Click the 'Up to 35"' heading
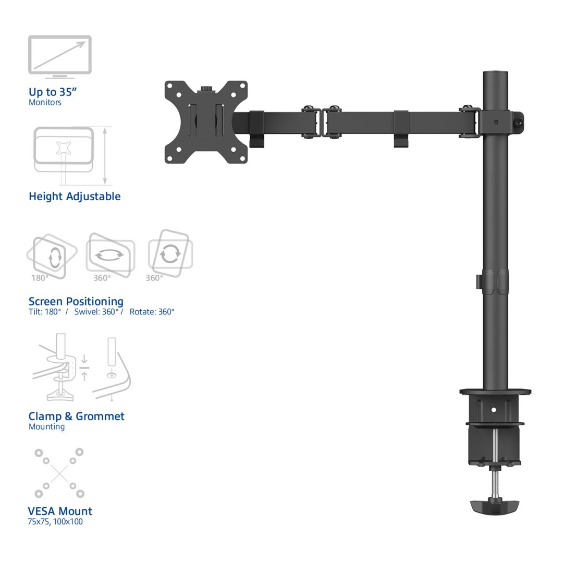pyautogui.click(x=53, y=92)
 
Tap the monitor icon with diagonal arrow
pyautogui.click(x=60, y=56)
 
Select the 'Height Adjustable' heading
pyautogui.click(x=75, y=197)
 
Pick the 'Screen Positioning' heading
pyautogui.click(x=76, y=301)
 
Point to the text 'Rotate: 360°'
pyautogui.click(x=152, y=312)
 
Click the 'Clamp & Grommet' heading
pyautogui.click(x=77, y=416)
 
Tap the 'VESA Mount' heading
pyautogui.click(x=60, y=511)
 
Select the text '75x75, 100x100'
pyautogui.click(x=55, y=521)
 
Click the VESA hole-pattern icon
pyautogui.click(x=59, y=473)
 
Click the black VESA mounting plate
pyautogui.click(x=205, y=122)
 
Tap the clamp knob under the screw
pyautogui.click(x=495, y=505)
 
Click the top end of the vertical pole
pyautogui.click(x=495, y=74)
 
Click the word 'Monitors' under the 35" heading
pyautogui.click(x=45, y=102)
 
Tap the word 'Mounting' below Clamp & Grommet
pyautogui.click(x=47, y=426)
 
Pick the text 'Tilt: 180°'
pyautogui.click(x=45, y=312)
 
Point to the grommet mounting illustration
pyautogui.click(x=112, y=369)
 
